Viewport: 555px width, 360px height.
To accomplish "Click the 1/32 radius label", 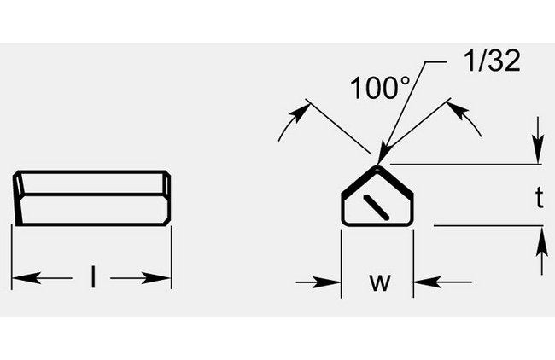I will tap(491, 62).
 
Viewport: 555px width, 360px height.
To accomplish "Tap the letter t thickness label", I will tap(539, 198).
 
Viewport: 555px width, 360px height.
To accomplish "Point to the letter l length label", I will tap(92, 277).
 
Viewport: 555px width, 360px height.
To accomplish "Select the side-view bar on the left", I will tap(93, 199).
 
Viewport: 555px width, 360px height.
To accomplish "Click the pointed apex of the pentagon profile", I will tap(377, 167).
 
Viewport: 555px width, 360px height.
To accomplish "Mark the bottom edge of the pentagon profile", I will tap(377, 225).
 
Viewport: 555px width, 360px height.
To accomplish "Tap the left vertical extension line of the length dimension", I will tap(12, 256).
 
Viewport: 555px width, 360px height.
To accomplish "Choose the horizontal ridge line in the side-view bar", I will tap(93, 194).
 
